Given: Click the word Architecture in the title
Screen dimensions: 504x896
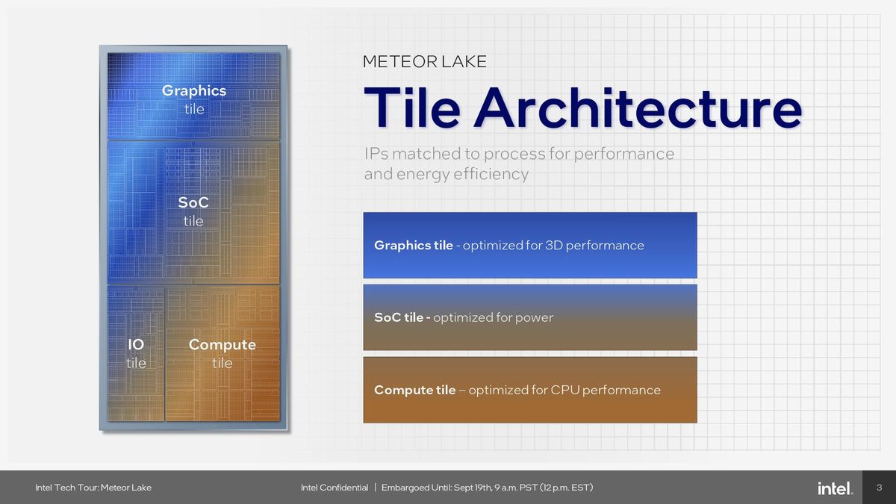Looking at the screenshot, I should click(638, 108).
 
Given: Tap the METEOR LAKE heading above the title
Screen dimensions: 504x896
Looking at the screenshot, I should click(424, 61).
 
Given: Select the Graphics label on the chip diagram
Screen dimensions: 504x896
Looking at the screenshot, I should click(193, 91).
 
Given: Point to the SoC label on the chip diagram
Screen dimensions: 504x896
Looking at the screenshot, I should click(193, 203).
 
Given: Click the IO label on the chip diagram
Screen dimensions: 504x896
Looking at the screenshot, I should click(136, 345).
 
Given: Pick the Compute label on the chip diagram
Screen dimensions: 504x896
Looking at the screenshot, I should click(222, 345).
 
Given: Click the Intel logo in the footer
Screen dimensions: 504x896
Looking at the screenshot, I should click(834, 488).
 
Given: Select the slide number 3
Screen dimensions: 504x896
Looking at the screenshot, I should click(879, 488).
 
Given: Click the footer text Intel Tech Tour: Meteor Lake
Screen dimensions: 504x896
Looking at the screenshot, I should click(93, 488).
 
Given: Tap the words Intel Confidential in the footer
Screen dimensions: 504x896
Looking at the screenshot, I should click(334, 488).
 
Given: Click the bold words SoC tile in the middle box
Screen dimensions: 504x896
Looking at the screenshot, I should click(398, 317).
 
